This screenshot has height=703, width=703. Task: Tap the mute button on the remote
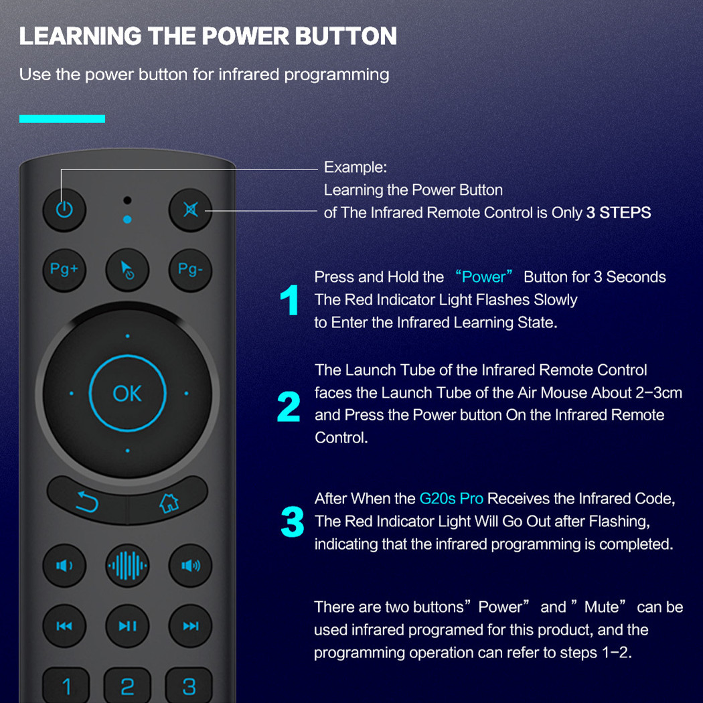tap(191, 210)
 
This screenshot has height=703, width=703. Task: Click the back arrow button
tap(88, 501)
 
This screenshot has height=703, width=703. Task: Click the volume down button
tap(64, 566)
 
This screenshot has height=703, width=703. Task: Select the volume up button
tap(191, 566)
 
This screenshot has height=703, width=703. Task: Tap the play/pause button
tap(127, 626)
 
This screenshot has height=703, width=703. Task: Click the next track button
tap(191, 626)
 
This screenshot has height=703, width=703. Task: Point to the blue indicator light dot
tap(127, 219)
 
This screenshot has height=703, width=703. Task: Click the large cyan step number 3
tap(293, 522)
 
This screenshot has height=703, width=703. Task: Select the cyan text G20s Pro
tap(451, 499)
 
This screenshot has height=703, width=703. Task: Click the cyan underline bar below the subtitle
tap(62, 119)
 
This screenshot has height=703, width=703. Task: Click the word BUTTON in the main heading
tap(346, 36)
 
